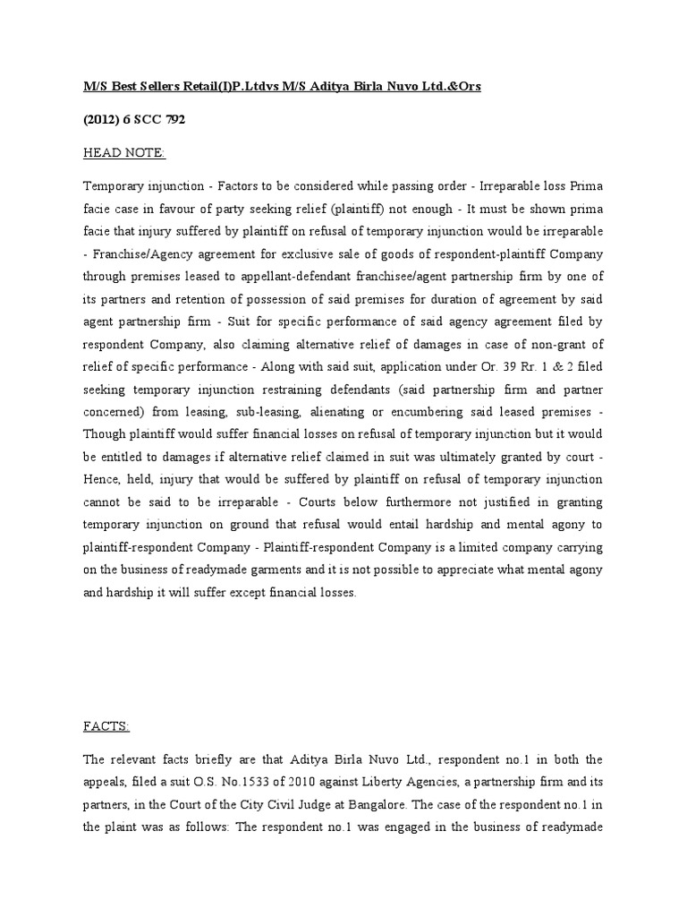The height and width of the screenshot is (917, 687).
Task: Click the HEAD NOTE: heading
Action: [x=124, y=153]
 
